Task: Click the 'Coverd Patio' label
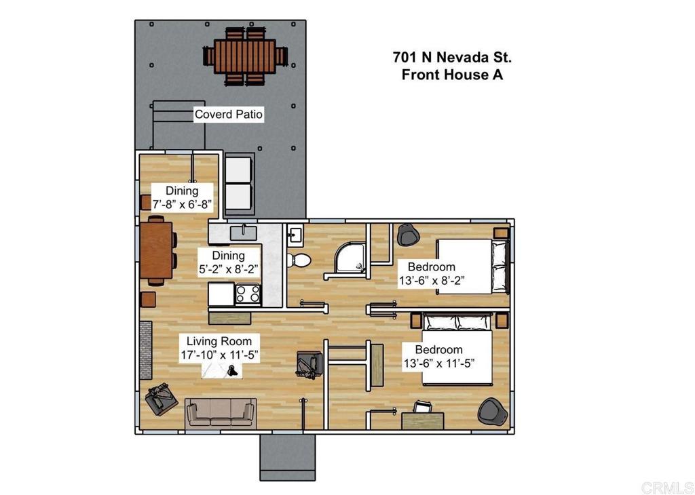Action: tap(228, 114)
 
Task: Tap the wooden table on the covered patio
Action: tap(244, 56)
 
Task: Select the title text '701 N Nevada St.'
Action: tap(452, 57)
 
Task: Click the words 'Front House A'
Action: tap(452, 75)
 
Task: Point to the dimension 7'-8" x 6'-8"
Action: tap(182, 205)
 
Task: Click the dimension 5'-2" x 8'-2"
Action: tap(229, 269)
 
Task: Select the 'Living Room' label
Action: tap(219, 341)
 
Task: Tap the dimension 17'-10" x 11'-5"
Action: tap(219, 355)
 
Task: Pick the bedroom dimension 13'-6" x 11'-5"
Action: tap(439, 363)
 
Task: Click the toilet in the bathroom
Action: tap(299, 260)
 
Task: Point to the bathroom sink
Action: tap(295, 235)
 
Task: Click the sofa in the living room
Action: tap(221, 413)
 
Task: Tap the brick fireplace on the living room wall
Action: tap(145, 350)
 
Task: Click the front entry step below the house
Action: tap(287, 457)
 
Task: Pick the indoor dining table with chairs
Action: tap(157, 250)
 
